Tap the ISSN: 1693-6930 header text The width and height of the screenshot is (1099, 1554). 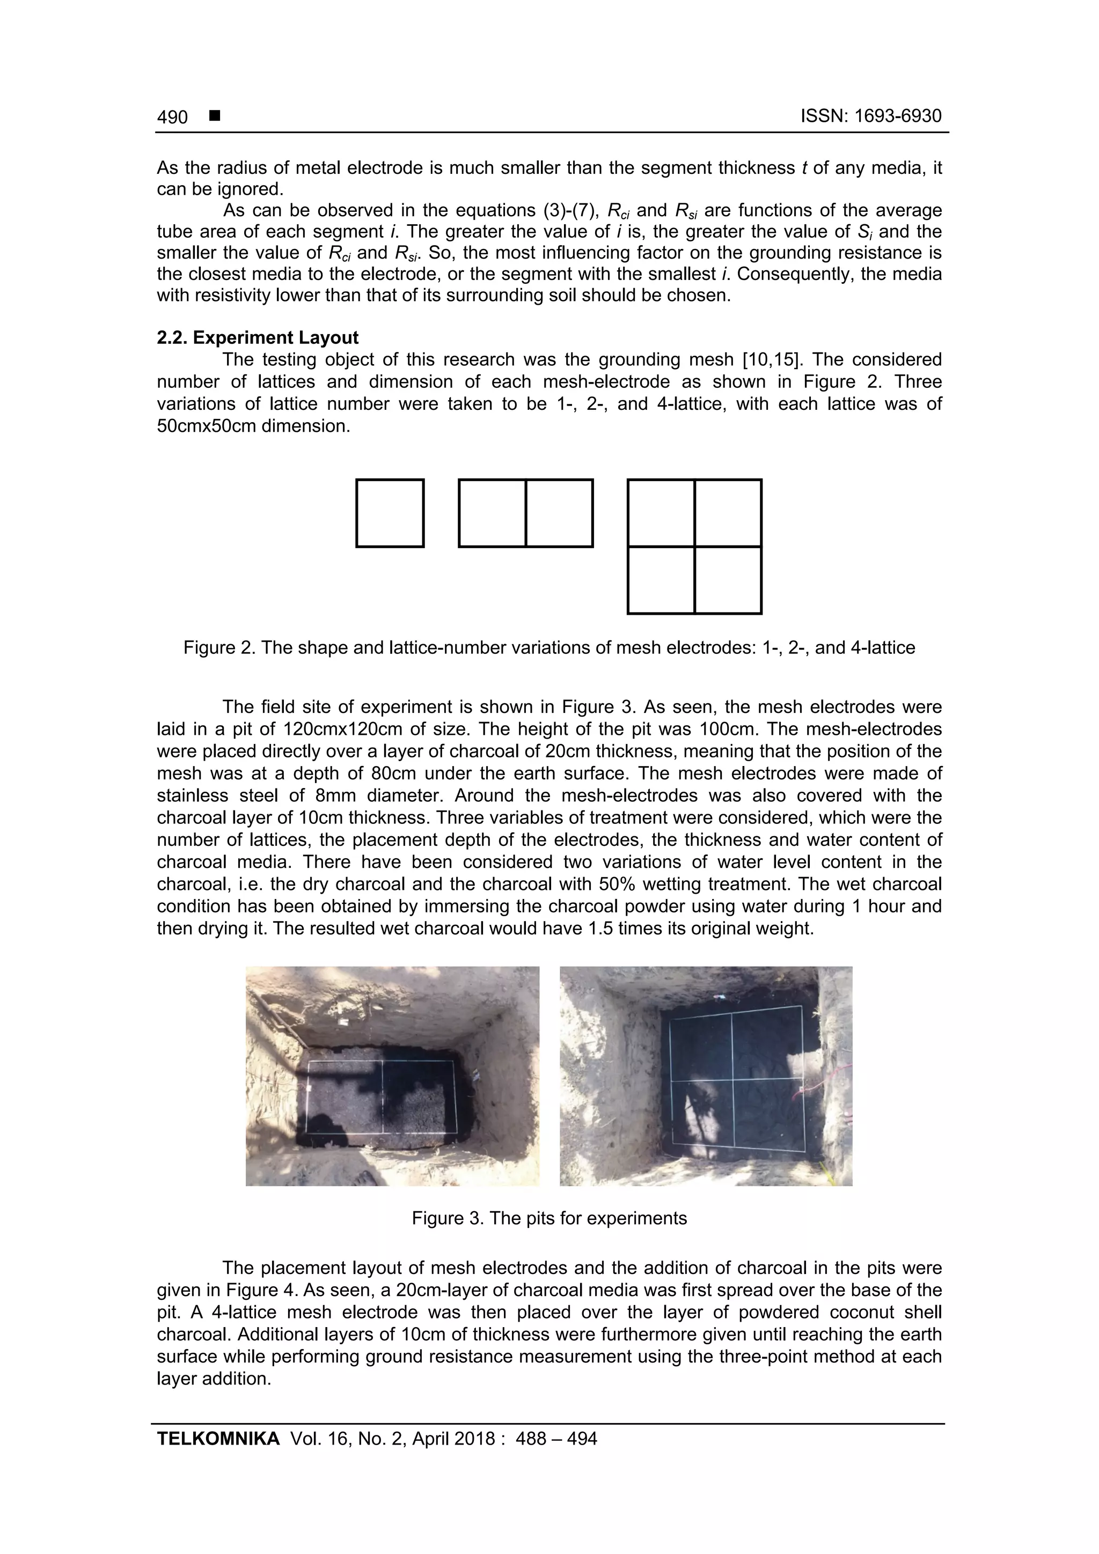[871, 116]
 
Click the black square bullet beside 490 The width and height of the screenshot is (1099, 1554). [215, 116]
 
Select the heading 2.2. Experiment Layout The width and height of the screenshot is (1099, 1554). [258, 338]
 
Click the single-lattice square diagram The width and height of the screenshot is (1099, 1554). [390, 513]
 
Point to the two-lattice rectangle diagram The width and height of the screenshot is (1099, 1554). [525, 513]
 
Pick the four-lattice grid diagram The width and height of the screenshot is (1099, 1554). [695, 546]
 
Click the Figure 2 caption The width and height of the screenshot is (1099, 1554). [549, 648]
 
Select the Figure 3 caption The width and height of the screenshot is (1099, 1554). [549, 1218]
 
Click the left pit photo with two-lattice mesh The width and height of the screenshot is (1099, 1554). [392, 1076]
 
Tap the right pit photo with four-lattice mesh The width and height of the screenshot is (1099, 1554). [706, 1076]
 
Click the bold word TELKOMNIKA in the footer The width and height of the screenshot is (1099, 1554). [218, 1439]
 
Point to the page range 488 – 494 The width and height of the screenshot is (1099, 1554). [556, 1439]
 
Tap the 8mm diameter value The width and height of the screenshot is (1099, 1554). [335, 796]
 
